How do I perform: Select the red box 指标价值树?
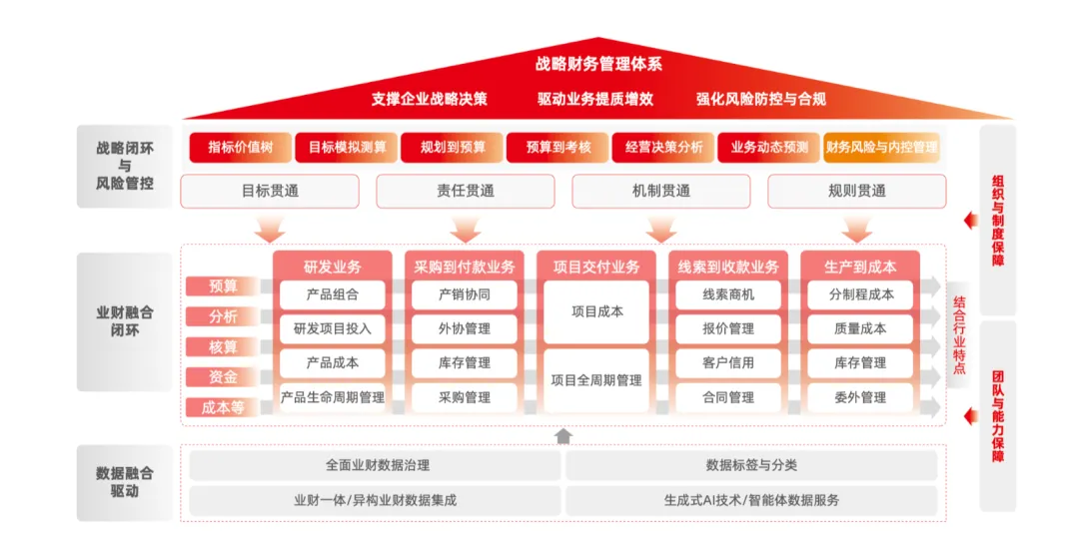(240, 147)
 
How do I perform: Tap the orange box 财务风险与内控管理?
(881, 147)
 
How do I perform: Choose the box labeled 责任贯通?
(465, 191)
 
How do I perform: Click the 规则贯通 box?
(856, 191)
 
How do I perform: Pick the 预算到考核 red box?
(557, 147)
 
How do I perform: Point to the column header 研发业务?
(334, 267)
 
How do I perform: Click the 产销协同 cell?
(465, 294)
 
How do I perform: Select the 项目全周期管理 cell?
(596, 380)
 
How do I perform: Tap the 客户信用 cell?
(728, 362)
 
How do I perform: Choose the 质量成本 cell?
(860, 328)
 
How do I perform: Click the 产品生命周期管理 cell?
(333, 397)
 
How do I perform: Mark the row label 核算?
(223, 347)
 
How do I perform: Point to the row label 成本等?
(223, 407)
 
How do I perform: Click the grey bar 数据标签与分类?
(751, 465)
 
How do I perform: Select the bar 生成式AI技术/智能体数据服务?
(751, 500)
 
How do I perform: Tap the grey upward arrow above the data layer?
(563, 435)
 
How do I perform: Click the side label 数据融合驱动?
(125, 482)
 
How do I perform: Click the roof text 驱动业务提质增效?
(595, 99)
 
